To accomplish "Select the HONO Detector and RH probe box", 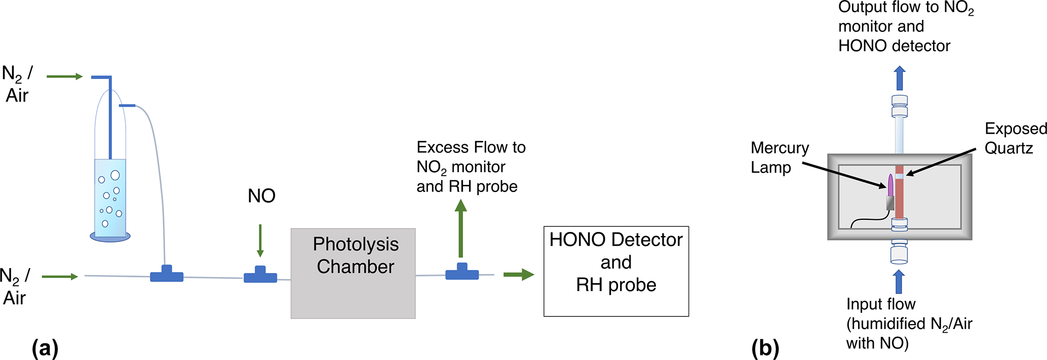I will click(616, 271).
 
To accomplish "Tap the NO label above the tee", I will click(261, 196).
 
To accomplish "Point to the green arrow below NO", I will click(260, 241).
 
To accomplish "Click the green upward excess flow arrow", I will click(460, 228).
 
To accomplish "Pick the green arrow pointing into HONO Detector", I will click(519, 274).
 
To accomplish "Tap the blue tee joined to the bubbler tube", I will click(167, 274).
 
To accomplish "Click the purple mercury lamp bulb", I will click(890, 185).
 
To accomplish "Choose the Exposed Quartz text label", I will click(1015, 138).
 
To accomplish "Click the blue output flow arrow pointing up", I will click(900, 78).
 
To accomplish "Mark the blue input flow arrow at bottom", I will click(899, 282).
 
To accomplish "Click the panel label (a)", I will click(45, 348).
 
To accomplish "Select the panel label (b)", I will click(765, 348).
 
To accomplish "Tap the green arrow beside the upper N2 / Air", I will click(64, 76).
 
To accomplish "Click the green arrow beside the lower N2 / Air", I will click(60, 276).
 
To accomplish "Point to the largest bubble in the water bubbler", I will click(115, 175).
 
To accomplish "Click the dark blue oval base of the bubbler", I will click(110, 237).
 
